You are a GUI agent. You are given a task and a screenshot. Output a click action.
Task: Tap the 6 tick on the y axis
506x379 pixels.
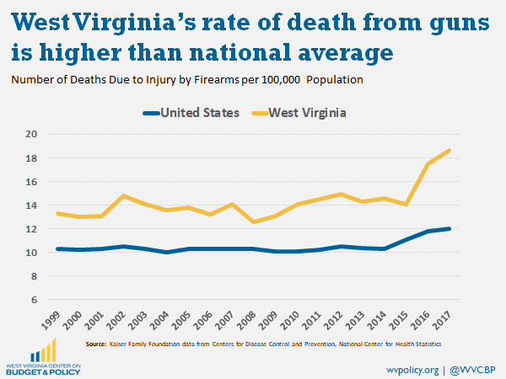(34, 300)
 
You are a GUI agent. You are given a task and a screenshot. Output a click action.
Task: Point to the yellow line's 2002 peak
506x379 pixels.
(124, 196)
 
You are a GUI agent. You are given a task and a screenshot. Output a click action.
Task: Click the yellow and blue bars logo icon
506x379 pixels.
(40, 350)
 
